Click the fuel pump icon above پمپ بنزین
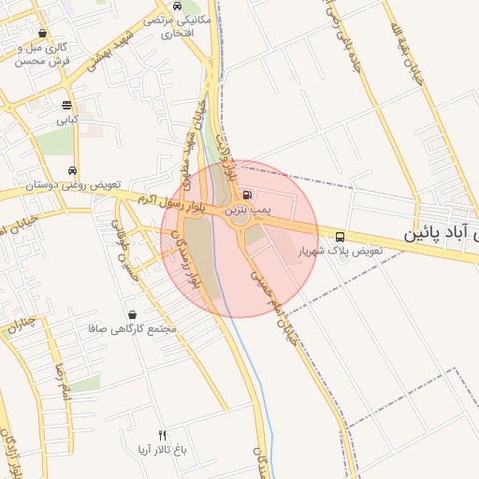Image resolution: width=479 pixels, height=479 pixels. coord(246,195)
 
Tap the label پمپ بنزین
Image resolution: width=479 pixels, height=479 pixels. coord(246,210)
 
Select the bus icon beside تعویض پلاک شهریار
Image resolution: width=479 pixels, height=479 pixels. coord(339,236)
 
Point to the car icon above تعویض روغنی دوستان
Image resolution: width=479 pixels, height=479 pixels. coord(72,170)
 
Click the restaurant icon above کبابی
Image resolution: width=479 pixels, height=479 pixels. coord(65,105)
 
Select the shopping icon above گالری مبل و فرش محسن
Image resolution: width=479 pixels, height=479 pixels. coord(43,32)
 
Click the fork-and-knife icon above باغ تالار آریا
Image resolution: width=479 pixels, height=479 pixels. coord(162,435)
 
